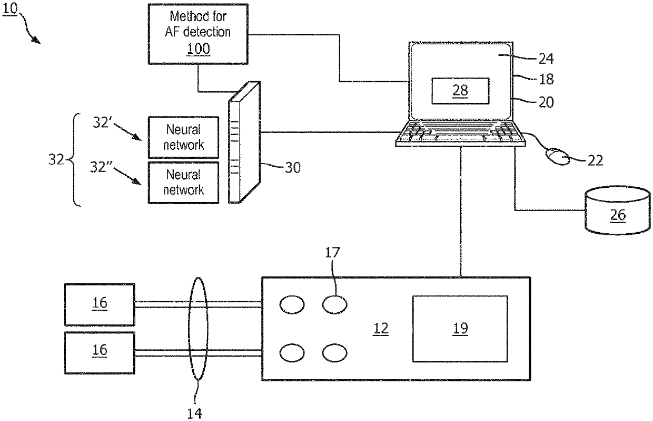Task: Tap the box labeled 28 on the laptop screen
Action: pos(460,91)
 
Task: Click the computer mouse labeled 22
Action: pos(557,157)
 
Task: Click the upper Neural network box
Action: pos(183,137)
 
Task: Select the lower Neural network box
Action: pos(183,183)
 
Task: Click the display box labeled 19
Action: pos(460,329)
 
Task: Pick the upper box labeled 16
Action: pos(100,304)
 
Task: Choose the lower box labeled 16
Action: pos(100,350)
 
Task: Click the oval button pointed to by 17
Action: pos(334,304)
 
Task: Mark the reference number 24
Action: pos(546,58)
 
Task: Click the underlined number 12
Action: pos(381,329)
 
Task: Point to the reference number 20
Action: pos(546,101)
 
